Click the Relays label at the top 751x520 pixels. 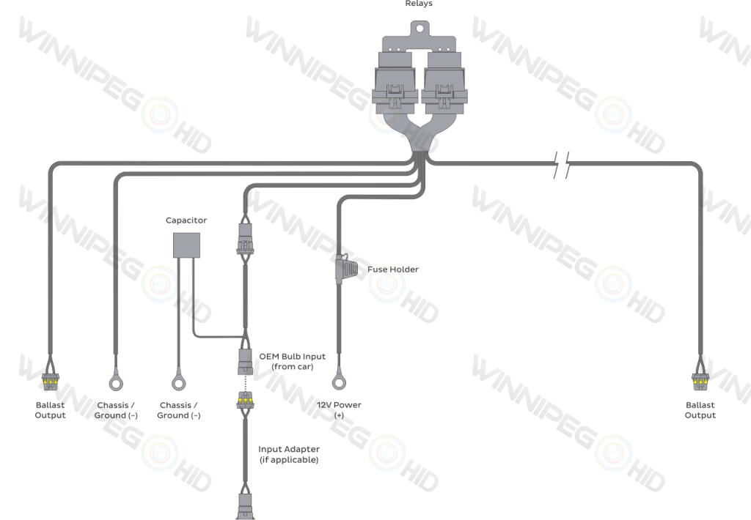point(419,3)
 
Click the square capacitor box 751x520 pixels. point(186,245)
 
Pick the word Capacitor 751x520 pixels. point(186,220)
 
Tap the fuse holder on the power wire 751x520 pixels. point(344,270)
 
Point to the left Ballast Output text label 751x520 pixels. point(50,410)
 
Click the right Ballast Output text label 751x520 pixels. point(700,410)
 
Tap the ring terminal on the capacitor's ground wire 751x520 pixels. point(178,382)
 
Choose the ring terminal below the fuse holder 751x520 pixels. point(339,382)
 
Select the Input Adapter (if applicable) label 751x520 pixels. point(288,454)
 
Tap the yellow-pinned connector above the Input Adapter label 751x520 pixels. point(245,401)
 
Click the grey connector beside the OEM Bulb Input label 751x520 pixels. point(245,361)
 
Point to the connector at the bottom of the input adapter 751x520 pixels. point(245,505)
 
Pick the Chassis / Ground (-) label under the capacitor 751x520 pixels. point(178,410)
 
